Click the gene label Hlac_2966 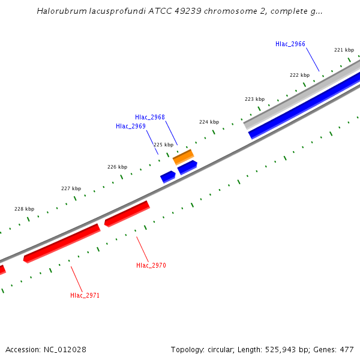pyautogui.click(x=290, y=44)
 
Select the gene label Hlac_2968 pyautogui.click(x=150, y=117)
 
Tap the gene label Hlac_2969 pyautogui.click(x=131, y=126)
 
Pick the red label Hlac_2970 pyautogui.click(x=151, y=265)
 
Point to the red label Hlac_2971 pyautogui.click(x=85, y=295)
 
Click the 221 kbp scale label pyautogui.click(x=344, y=50)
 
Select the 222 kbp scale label pyautogui.click(x=299, y=75)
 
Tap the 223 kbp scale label pyautogui.click(x=254, y=99)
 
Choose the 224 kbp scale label pyautogui.click(x=209, y=122)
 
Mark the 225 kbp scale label pyautogui.click(x=163, y=145)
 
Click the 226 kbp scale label pyautogui.click(x=117, y=167)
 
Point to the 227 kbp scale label pyautogui.click(x=71, y=188)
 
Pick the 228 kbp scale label pyautogui.click(x=24, y=209)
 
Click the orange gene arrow pyautogui.click(x=183, y=157)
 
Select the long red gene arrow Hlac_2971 pyautogui.click(x=61, y=243)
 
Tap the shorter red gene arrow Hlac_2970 pyautogui.click(x=127, y=214)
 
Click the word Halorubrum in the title pyautogui.click(x=59, y=11)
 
